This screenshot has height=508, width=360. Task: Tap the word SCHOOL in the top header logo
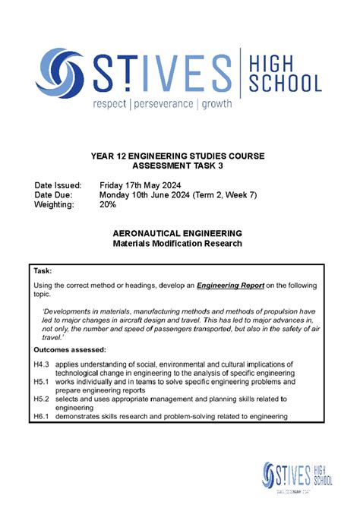[x=285, y=82]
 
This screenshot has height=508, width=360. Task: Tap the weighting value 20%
[x=109, y=205]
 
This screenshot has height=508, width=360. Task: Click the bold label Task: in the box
[x=43, y=270]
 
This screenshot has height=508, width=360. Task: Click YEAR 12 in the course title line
[x=108, y=155]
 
